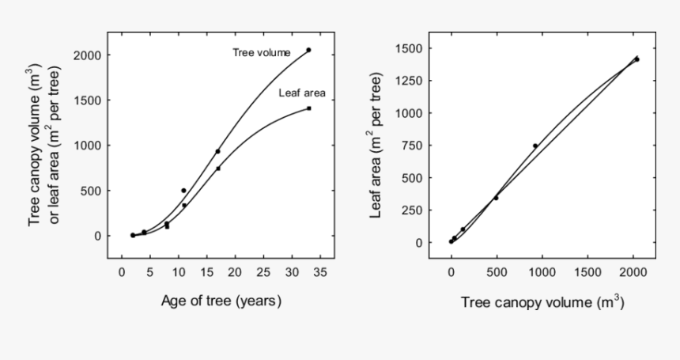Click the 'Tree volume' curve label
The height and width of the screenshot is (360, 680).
262,53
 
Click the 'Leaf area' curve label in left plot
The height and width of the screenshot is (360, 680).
302,93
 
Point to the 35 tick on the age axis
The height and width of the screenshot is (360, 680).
314,271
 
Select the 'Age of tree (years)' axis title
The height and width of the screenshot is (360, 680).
221,301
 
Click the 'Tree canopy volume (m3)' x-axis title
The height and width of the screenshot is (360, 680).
542,301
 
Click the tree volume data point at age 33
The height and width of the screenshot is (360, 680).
308,50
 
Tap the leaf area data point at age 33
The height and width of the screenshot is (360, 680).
308,108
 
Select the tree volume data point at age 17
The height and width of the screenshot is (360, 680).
217,151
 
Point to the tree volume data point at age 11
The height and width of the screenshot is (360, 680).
183,191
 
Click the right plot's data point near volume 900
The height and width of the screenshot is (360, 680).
535,146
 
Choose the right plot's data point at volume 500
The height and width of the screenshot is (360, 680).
496,198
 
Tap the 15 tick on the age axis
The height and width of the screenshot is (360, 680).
206,271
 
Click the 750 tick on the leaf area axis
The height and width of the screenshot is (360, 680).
409,146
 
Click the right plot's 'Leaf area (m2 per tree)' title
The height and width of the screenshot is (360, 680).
377,145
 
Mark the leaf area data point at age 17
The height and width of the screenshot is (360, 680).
218,168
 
